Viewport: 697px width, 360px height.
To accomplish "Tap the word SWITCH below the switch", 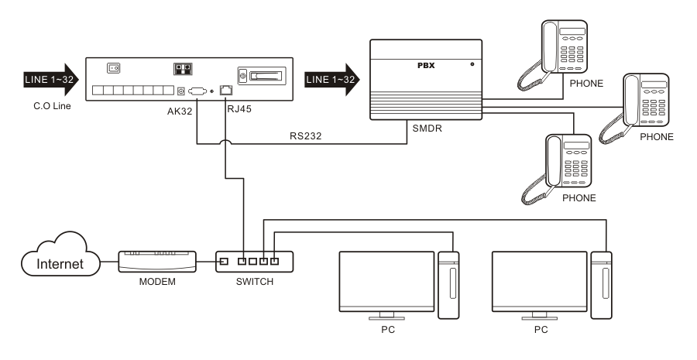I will click(x=255, y=280).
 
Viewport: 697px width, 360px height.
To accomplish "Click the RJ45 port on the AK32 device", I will click(x=226, y=91).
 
